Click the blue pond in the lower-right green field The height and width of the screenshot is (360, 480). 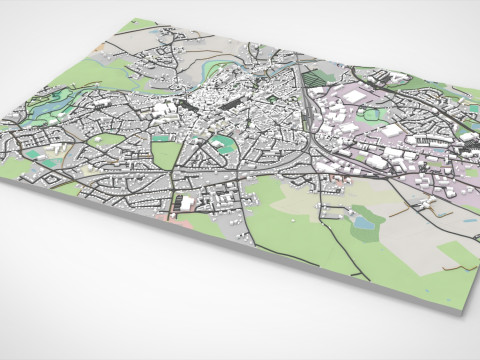tap(364, 224)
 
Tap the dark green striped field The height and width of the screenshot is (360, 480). tap(314, 76)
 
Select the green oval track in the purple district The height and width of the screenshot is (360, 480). tap(372, 115)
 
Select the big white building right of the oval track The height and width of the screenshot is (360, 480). tap(393, 131)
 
